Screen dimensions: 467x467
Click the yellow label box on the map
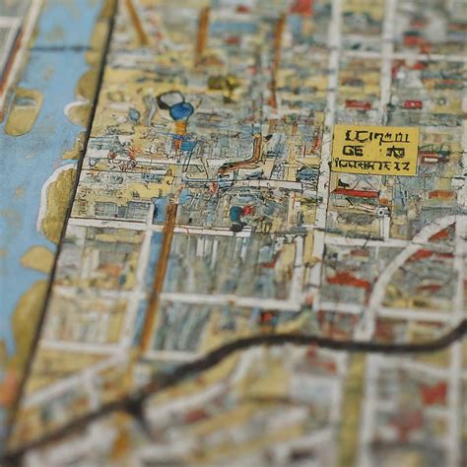pyautogui.click(x=374, y=149)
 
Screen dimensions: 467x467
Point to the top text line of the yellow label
pyautogui.click(x=374, y=136)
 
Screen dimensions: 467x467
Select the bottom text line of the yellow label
pyautogui.click(x=374, y=166)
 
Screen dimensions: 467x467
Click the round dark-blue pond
pyautogui.click(x=181, y=110)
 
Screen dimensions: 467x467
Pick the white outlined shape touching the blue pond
pyautogui.click(x=169, y=99)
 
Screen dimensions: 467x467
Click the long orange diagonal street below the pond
pyautogui.click(x=158, y=276)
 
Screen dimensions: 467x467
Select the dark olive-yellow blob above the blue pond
pyautogui.click(x=222, y=84)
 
